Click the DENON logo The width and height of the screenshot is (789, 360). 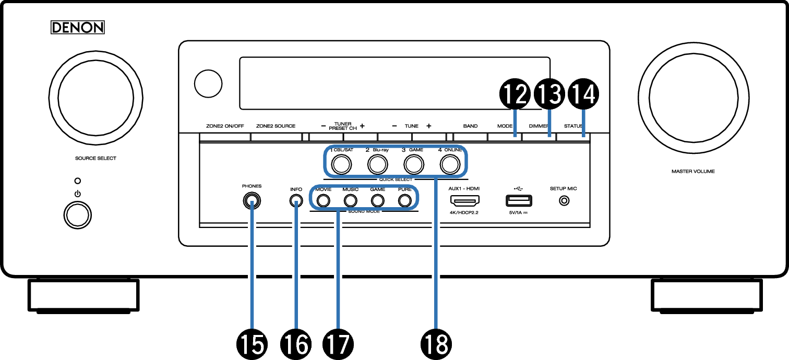pos(77,28)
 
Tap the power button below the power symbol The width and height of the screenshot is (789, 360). pos(77,215)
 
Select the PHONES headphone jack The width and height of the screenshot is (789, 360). pos(252,201)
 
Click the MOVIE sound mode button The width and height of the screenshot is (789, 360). pos(324,201)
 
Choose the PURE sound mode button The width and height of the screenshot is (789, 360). pos(405,201)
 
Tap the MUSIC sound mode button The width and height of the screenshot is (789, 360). pos(351,201)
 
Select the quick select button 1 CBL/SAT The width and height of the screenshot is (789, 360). pos(341,164)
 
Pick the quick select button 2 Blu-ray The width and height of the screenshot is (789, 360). pos(378,164)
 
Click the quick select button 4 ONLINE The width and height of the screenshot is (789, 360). pos(450,164)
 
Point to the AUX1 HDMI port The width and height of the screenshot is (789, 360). pos(464,201)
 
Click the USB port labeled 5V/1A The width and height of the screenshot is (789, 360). pos(519,200)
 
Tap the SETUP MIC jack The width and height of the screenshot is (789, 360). pos(564,201)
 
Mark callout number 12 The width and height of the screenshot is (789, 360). pos(515,94)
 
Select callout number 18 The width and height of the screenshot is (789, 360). pos(436,344)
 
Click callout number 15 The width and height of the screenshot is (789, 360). pos(252,344)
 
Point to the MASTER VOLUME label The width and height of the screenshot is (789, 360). pos(693,172)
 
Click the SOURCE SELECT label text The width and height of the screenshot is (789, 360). pos(95,159)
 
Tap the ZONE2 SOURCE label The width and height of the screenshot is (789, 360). pos(276,126)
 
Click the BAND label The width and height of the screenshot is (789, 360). pos(470,126)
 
